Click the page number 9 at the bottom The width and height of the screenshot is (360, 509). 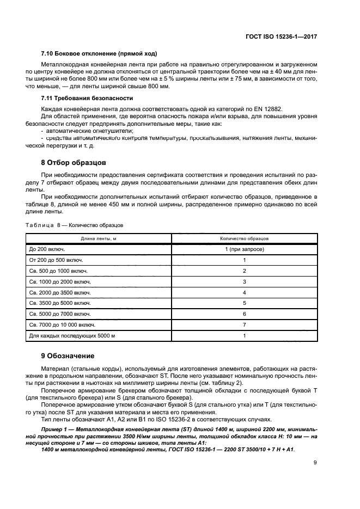(316, 463)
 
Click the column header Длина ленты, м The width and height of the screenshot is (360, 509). (99, 238)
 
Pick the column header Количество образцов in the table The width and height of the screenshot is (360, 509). (244, 238)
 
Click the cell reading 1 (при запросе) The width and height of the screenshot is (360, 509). (244, 249)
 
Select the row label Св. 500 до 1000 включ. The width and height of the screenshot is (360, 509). (58, 271)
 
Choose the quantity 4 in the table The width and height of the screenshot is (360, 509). (244, 292)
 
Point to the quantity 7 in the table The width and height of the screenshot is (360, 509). (244, 325)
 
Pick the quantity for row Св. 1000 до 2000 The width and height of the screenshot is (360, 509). (244, 281)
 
